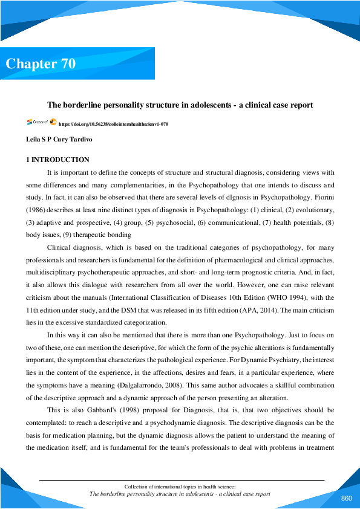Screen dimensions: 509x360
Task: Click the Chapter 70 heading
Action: pos(41,64)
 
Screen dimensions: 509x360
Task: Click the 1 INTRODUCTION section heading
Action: pos(57,160)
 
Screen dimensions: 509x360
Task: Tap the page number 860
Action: pos(346,498)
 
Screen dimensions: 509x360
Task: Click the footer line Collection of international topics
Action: pos(179,486)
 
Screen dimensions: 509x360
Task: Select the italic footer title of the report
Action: pos(179,494)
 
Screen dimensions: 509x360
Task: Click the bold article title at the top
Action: pos(180,105)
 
